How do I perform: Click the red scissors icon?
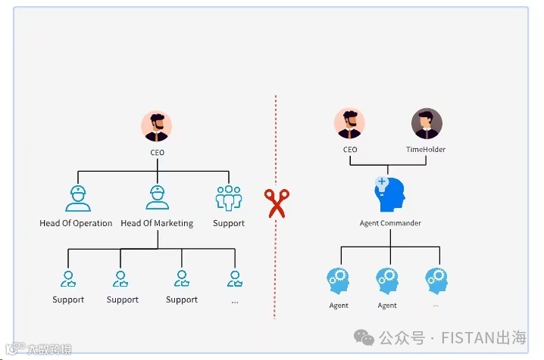pos(276,203)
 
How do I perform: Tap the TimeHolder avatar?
pos(426,124)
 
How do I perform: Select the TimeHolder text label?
pos(426,150)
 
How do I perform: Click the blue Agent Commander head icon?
pos(390,195)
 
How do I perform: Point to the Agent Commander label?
pos(390,223)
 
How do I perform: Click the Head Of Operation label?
pos(76,223)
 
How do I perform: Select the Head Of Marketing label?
pos(157,223)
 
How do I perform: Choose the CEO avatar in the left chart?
pos(157,126)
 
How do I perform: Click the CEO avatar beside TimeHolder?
pos(349,124)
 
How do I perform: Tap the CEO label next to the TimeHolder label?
pos(349,150)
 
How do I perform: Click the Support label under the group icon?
pos(228,223)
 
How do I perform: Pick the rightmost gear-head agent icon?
pos(436,281)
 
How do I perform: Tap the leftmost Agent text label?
pos(339,306)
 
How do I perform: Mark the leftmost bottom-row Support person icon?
pos(68,279)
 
